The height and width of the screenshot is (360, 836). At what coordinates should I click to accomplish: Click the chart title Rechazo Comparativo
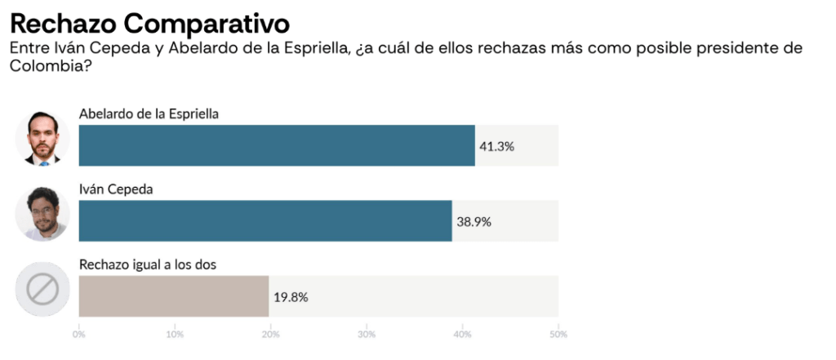[x=149, y=20]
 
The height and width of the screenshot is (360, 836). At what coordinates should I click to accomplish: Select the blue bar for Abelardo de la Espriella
[x=276, y=145]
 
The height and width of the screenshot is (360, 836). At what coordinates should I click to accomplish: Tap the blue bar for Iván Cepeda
[x=265, y=220]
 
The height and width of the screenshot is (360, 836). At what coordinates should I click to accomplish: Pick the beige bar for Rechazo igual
[x=173, y=296]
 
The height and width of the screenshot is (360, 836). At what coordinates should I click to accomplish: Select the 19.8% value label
[x=291, y=296]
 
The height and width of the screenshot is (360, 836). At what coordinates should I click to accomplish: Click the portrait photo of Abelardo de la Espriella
[x=42, y=136]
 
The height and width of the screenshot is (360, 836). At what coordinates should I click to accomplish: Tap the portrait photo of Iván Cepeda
[x=42, y=212]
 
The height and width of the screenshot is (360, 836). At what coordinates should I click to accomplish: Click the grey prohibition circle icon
[x=42, y=288]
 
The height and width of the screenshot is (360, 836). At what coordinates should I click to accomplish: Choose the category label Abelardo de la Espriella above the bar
[x=149, y=113]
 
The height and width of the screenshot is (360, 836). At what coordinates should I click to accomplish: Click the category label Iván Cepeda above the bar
[x=117, y=189]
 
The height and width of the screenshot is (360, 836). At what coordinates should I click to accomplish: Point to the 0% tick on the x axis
[x=79, y=334]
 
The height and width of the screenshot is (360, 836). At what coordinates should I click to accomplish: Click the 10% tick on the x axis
[x=174, y=334]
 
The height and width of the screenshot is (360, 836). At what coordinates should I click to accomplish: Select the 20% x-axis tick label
[x=270, y=334]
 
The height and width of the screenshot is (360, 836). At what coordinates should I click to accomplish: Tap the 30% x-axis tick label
[x=367, y=334]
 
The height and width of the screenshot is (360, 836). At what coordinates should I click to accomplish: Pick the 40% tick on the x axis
[x=462, y=334]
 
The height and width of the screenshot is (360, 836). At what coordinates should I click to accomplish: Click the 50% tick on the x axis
[x=558, y=334]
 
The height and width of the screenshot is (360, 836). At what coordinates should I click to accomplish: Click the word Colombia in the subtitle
[x=46, y=65]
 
